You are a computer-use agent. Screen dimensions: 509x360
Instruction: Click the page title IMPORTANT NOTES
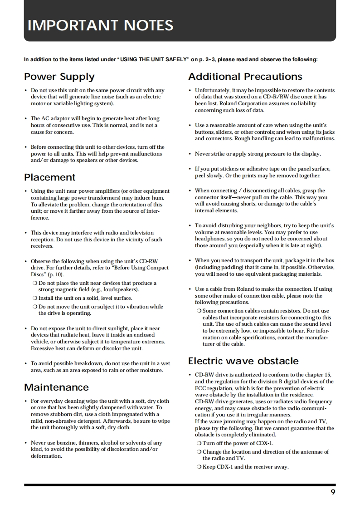tap(100, 25)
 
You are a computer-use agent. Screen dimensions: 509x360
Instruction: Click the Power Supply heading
tap(59, 77)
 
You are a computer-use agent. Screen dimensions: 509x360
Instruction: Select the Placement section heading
tap(49, 177)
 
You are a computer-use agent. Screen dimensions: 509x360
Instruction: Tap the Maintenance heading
tap(56, 387)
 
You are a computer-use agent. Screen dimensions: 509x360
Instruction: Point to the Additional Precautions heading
tap(245, 77)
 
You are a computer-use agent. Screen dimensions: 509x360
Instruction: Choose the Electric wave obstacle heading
tap(243, 361)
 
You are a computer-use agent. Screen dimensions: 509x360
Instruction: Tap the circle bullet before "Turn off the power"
tap(199, 443)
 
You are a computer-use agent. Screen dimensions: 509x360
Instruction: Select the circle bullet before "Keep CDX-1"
tap(199, 467)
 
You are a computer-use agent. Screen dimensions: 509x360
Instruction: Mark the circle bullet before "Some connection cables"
tap(199, 311)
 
